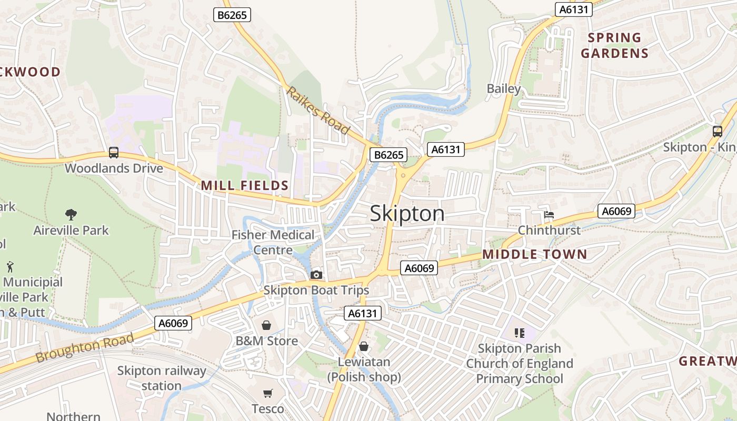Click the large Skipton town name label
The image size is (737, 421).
(407, 214)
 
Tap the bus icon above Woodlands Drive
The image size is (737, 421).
(113, 153)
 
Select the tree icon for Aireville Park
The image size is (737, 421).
(71, 214)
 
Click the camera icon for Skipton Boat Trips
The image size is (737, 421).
(316, 275)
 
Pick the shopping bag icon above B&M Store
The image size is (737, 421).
(266, 325)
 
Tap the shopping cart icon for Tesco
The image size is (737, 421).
(268, 393)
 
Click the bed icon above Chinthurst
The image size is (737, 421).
(549, 214)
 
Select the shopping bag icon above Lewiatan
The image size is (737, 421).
(363, 346)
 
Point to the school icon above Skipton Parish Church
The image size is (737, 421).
(520, 333)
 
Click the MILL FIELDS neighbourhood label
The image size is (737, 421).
(245, 185)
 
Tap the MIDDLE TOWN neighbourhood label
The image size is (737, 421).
(534, 255)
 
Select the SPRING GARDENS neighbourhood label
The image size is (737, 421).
(614, 45)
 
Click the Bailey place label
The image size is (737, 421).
(503, 88)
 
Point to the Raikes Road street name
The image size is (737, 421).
(318, 111)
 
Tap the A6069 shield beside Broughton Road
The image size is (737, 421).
(173, 323)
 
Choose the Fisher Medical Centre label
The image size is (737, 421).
(273, 242)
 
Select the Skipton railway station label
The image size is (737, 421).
(162, 378)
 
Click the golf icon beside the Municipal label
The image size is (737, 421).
(10, 267)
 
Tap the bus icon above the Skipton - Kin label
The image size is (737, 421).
(717, 132)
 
